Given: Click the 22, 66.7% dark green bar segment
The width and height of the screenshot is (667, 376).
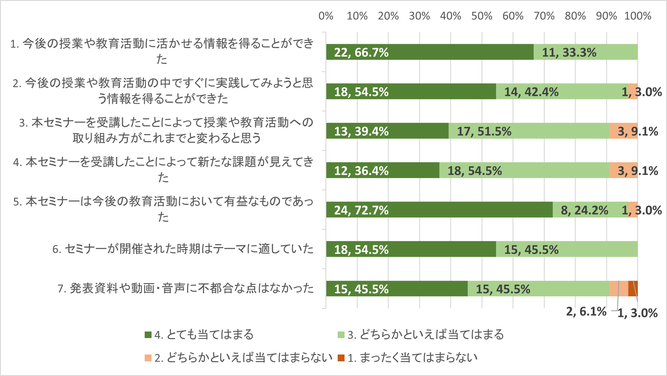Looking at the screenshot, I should click(430, 52).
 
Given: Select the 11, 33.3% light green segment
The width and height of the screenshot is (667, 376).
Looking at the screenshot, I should click(585, 52).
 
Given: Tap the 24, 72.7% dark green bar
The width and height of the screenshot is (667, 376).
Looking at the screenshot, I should click(439, 210).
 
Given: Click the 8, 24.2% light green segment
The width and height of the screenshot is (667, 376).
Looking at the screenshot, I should click(590, 210).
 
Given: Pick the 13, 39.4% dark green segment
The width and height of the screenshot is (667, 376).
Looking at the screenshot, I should click(387, 131).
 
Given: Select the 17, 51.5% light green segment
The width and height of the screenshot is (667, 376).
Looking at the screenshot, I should click(529, 131).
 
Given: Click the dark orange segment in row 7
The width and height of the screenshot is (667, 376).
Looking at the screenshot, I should click(633, 288).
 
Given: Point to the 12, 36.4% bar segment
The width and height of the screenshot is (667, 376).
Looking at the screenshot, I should click(382, 170).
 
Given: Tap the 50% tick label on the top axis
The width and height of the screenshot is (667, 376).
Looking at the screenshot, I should click(481, 16).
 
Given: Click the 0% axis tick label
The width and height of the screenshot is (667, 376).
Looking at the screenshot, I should click(326, 16).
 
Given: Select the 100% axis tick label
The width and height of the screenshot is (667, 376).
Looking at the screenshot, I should click(637, 16).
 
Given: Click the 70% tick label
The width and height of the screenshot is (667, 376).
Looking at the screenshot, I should click(544, 16).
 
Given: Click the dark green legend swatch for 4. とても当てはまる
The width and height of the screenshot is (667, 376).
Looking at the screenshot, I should click(148, 335).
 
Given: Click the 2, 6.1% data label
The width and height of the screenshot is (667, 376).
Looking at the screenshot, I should click(586, 311).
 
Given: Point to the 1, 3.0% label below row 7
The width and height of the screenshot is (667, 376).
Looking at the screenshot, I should click(637, 313).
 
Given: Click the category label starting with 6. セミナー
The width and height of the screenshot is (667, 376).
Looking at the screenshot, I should click(183, 249).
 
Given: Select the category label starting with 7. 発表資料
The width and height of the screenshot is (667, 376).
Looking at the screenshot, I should click(185, 288).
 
